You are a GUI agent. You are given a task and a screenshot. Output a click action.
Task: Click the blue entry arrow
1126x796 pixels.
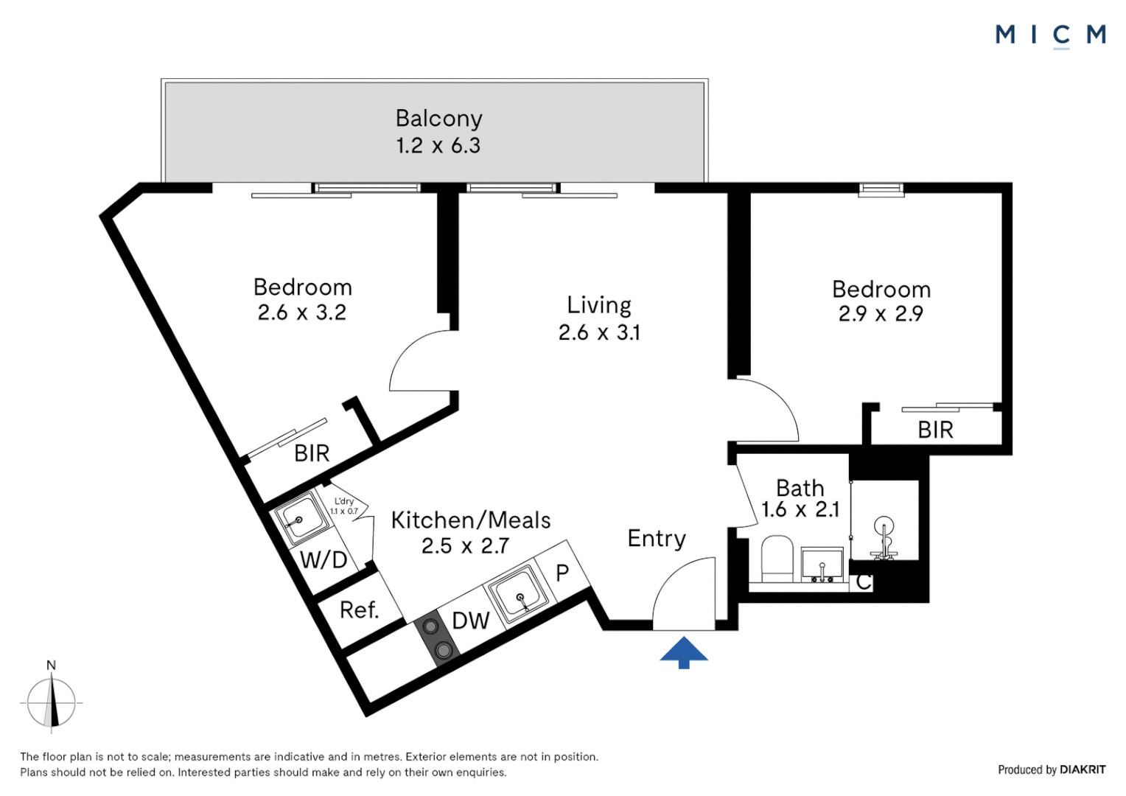tap(683, 652)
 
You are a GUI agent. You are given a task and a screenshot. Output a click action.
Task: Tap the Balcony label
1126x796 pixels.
tap(438, 119)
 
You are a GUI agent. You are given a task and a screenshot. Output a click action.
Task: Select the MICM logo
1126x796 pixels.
tap(1050, 35)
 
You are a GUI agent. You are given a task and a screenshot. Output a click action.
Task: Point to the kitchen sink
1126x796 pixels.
tap(520, 593)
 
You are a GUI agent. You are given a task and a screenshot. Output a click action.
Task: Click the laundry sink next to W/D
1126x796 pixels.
tap(301, 519)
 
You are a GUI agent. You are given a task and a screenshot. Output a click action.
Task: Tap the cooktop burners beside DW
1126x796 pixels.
tap(436, 638)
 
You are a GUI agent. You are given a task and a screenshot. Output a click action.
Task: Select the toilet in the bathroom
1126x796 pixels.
tap(776, 559)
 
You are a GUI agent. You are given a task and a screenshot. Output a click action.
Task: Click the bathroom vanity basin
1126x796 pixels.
tap(822, 565)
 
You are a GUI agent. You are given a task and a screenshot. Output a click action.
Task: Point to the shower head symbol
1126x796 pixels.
tap(884, 528)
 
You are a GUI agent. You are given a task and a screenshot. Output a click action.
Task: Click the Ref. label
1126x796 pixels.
tap(359, 610)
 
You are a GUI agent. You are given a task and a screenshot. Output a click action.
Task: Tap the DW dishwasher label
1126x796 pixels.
tap(470, 621)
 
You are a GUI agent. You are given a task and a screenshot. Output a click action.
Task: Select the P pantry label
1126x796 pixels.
tap(562, 573)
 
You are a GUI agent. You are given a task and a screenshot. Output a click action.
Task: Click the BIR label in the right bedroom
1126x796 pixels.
tap(935, 430)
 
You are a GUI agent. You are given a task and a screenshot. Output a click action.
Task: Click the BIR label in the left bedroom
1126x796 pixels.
tap(311, 453)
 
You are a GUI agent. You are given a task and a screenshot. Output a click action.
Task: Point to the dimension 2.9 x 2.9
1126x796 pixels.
tap(881, 314)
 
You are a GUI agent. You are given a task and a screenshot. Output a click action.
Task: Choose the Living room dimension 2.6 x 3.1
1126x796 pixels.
tap(599, 332)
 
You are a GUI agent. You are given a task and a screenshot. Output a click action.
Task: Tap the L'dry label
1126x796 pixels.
tap(344, 501)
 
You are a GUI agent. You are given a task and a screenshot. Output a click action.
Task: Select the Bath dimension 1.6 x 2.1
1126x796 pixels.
tap(800, 509)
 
